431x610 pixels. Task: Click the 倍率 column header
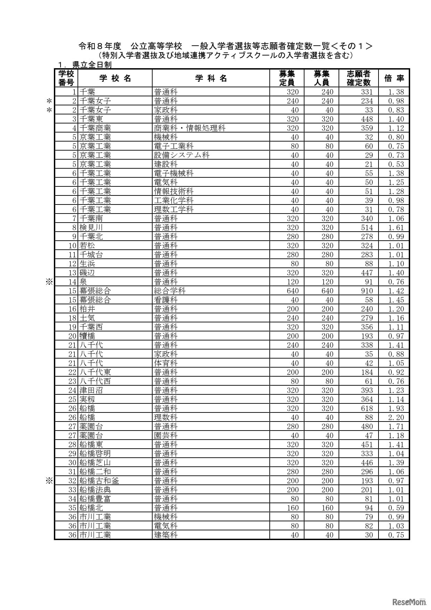[x=394, y=78]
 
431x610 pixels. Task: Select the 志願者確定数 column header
[x=358, y=78]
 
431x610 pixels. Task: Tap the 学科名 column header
[x=211, y=78]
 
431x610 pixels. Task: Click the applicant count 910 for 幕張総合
[x=367, y=291]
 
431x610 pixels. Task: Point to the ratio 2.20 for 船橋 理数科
[x=396, y=417]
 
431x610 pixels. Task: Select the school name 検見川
[x=91, y=227]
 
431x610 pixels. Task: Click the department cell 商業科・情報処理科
[x=190, y=128]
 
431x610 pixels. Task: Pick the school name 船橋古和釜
[x=99, y=481]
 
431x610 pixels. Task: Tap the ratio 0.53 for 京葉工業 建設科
[x=396, y=164]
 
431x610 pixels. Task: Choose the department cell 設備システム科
[x=182, y=155]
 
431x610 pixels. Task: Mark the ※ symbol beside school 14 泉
[x=49, y=282]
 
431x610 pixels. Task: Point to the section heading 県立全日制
[x=92, y=65]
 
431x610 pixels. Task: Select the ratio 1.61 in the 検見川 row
[x=396, y=227]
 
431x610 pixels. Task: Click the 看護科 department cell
[x=166, y=300]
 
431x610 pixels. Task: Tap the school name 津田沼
[x=91, y=390]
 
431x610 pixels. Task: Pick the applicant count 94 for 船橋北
[x=369, y=508]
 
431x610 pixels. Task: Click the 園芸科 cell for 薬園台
[x=166, y=435]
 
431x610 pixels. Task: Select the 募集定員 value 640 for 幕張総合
[x=293, y=291]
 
